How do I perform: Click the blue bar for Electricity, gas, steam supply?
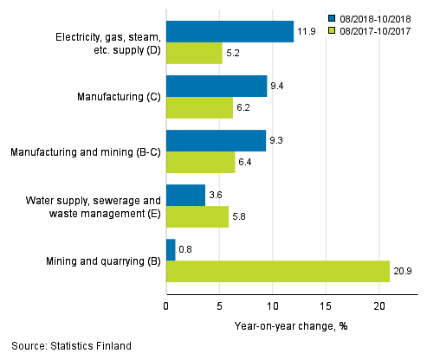[x=230, y=32]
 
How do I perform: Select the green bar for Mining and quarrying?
[x=277, y=272]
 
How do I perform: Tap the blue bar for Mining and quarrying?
[x=171, y=250]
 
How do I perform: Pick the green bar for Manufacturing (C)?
[x=199, y=108]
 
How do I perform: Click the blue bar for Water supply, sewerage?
[x=185, y=196]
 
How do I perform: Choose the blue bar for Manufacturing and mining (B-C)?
[x=216, y=140]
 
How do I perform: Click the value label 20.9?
[x=402, y=272]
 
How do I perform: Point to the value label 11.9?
[x=307, y=32]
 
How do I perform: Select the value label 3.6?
[x=217, y=196]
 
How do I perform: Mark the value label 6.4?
[x=248, y=163]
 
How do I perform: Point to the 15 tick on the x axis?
[x=326, y=305]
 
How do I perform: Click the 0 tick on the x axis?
[x=166, y=305]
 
